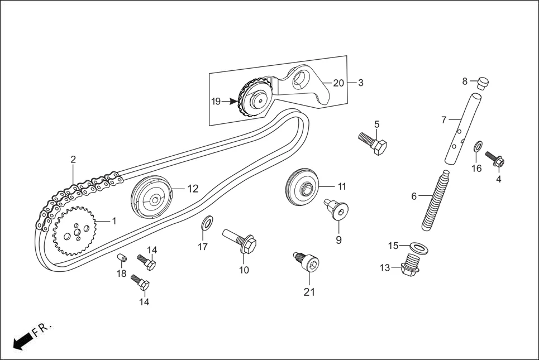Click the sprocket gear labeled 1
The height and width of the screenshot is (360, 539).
tap(75, 231)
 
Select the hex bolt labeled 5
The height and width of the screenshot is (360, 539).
tap(373, 143)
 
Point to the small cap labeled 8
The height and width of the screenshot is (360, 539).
tap(482, 83)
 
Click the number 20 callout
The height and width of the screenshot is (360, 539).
tap(338, 83)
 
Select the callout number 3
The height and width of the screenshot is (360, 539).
tap(361, 83)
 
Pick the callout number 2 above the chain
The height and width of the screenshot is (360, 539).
tap(73, 160)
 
